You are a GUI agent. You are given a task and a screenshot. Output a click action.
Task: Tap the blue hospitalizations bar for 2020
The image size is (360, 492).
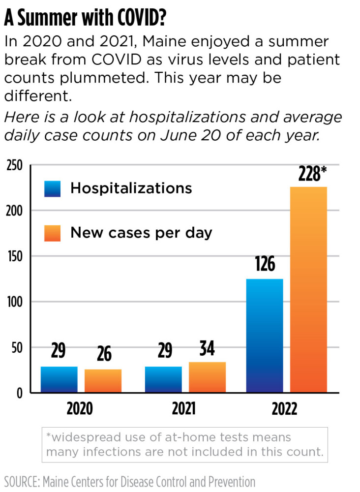59,379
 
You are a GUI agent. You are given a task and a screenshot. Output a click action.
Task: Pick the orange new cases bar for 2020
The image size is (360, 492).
103,381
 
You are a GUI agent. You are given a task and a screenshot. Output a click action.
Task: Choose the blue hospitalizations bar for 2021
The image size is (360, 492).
163,379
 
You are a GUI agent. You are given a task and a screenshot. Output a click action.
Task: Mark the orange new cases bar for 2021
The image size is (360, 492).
207,377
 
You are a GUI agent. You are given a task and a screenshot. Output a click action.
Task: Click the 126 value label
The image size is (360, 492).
265,264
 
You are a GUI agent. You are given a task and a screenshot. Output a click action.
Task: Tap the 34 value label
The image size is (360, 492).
207,349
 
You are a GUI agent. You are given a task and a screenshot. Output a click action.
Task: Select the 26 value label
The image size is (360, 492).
103,354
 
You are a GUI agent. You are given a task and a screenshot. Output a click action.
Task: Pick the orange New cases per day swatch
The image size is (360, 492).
53,233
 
